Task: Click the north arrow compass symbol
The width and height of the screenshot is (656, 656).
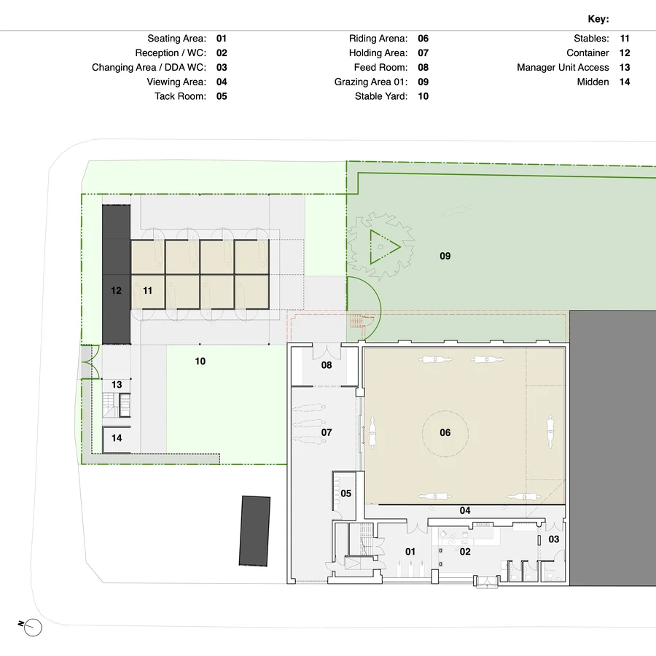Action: pyautogui.click(x=33, y=627)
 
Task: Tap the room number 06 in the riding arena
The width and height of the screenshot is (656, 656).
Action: pyautogui.click(x=445, y=432)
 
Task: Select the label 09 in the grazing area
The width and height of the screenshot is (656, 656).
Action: pyautogui.click(x=445, y=256)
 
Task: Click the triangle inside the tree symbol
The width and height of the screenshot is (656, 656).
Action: pyautogui.click(x=383, y=246)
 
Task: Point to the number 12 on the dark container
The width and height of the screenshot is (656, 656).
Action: pyautogui.click(x=116, y=290)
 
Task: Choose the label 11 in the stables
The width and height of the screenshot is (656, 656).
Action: pyautogui.click(x=147, y=290)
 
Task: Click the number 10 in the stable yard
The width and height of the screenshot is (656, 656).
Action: pyautogui.click(x=200, y=361)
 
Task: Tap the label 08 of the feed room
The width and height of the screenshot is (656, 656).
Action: pyautogui.click(x=327, y=364)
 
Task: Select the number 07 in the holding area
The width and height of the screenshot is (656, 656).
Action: pyautogui.click(x=327, y=432)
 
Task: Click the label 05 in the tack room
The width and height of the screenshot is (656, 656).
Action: pyautogui.click(x=346, y=493)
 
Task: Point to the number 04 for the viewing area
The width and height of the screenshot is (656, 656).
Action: pyautogui.click(x=465, y=511)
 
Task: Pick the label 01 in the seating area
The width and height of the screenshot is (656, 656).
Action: pyautogui.click(x=410, y=552)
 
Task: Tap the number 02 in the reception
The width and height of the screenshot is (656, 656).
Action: pyautogui.click(x=465, y=552)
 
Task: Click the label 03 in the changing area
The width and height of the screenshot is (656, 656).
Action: pyautogui.click(x=554, y=539)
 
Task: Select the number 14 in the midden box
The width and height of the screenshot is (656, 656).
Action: pyautogui.click(x=117, y=438)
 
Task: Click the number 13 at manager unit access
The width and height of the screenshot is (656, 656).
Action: pyautogui.click(x=117, y=384)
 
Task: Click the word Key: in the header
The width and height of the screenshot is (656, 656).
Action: pyautogui.click(x=598, y=20)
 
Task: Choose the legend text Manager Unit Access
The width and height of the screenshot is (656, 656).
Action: pyautogui.click(x=563, y=68)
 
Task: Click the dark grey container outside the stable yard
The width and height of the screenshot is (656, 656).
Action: pyautogui.click(x=254, y=531)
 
